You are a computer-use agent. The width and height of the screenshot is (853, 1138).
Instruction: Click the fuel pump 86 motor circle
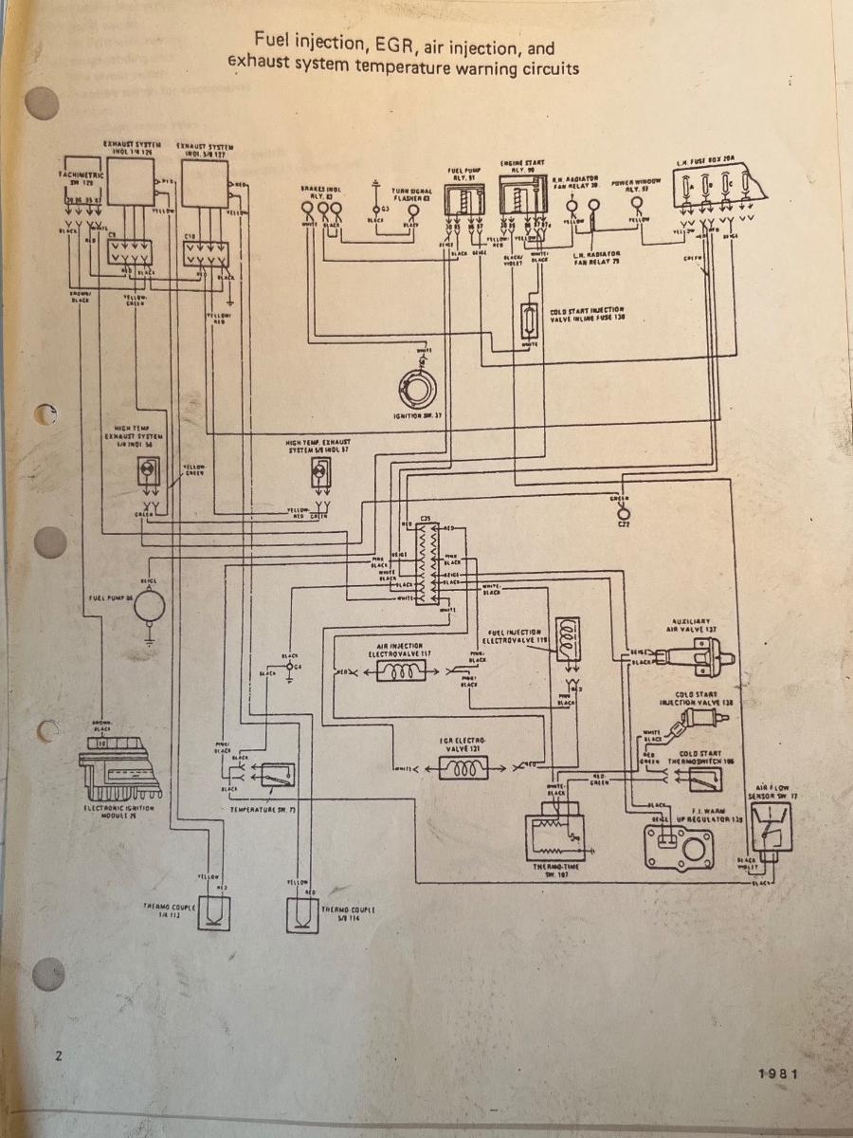click(x=149, y=604)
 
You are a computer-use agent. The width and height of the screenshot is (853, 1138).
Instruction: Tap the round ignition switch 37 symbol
click(x=417, y=386)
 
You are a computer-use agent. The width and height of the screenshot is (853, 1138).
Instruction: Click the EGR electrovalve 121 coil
click(x=463, y=767)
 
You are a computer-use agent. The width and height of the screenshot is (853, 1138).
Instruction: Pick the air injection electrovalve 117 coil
click(x=404, y=671)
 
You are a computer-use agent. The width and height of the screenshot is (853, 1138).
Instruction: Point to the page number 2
click(x=59, y=1055)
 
